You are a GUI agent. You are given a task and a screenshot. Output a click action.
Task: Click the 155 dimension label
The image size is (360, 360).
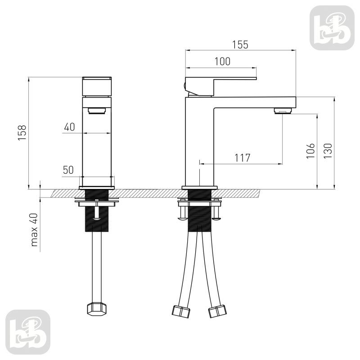(240, 45)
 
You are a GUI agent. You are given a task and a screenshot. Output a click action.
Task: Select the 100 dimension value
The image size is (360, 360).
(222, 62)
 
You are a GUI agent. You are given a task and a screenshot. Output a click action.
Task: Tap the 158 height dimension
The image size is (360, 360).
(22, 133)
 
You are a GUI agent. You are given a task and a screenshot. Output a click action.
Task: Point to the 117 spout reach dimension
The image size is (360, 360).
(242, 158)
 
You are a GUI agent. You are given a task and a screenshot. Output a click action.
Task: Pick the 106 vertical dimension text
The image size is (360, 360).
(310, 151)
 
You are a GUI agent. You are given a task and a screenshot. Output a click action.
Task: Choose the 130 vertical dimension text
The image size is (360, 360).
(328, 151)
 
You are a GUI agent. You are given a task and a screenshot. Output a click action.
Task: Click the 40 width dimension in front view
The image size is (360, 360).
(69, 127)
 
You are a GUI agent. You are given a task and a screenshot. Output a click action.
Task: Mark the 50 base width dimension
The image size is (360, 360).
(68, 170)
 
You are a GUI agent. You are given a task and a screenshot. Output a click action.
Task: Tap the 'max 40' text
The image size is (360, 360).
(34, 230)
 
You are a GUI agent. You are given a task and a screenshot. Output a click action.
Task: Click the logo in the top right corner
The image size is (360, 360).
(332, 28)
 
